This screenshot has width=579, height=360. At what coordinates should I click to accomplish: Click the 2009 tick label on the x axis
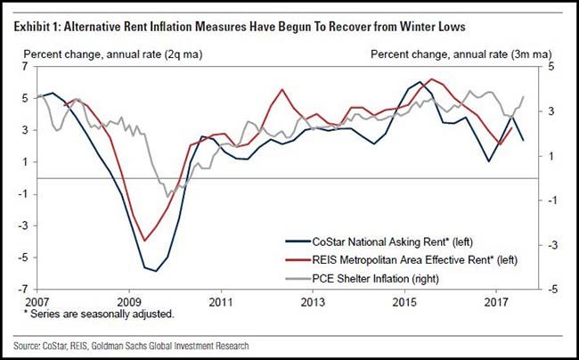pos(130,300)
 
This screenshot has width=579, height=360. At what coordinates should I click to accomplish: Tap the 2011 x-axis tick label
pos(221,300)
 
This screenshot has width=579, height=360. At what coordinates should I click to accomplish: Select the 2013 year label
pos(314,300)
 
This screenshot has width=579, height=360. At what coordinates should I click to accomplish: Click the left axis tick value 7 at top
pos(27,67)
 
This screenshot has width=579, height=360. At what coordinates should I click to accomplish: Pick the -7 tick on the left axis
pos(24,290)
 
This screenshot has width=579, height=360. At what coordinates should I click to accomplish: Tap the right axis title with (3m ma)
pos(446,52)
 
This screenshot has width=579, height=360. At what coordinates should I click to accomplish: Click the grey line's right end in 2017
pos(524,95)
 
